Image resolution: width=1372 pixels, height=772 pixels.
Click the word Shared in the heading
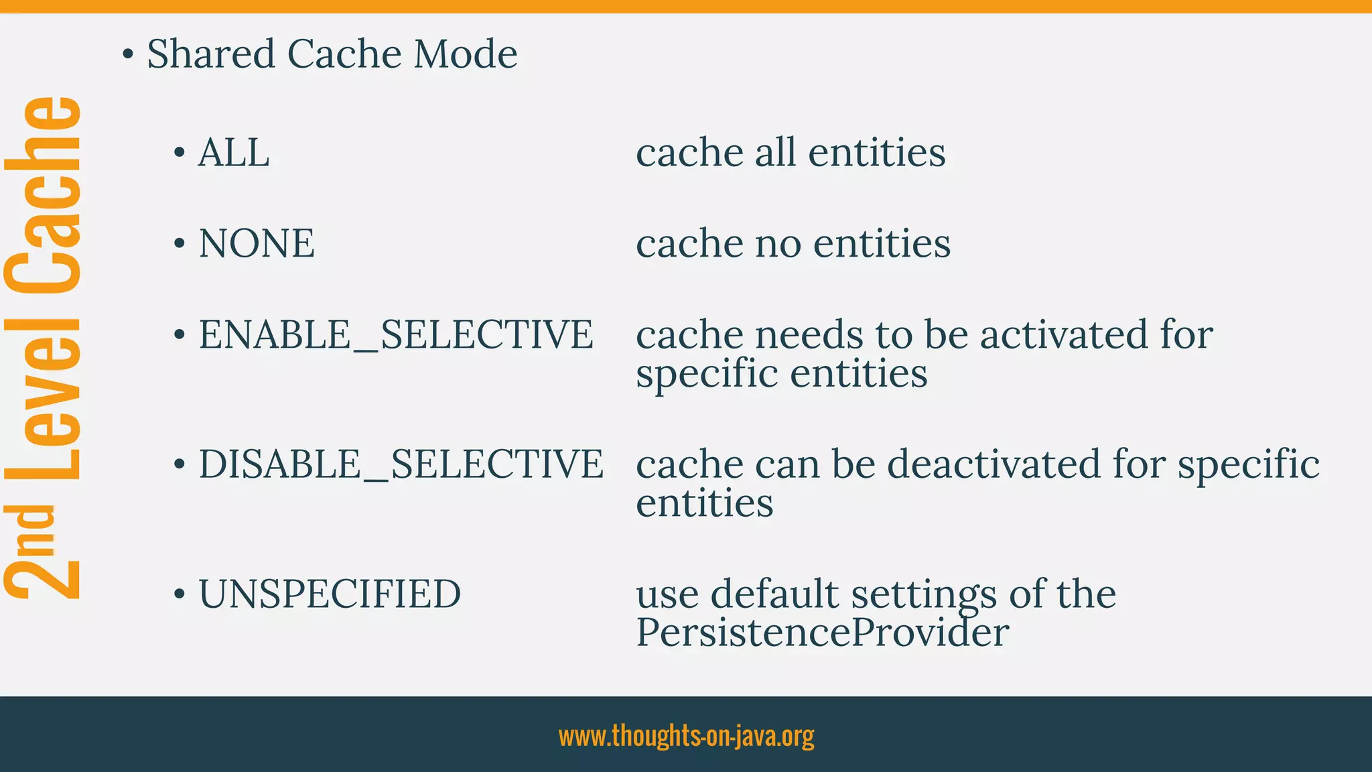211,54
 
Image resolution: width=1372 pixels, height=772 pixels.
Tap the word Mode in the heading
465,54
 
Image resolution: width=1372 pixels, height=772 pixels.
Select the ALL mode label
234,153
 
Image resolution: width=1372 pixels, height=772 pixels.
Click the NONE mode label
257,243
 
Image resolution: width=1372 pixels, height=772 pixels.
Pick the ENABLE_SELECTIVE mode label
396,334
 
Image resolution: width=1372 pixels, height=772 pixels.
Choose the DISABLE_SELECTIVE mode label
401,464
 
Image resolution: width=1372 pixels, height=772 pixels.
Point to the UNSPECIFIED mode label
330,594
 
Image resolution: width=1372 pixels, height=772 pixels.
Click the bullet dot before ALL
179,153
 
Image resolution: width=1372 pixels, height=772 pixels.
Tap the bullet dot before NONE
179,244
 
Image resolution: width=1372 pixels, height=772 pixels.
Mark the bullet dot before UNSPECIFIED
179,594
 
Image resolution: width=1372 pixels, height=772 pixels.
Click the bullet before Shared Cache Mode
127,54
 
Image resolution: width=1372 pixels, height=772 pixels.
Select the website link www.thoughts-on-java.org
686,735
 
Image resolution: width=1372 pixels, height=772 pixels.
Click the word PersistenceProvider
822,632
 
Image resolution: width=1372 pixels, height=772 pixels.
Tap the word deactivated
993,464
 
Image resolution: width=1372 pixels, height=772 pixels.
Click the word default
774,594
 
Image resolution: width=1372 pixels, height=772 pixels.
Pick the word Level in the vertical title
44,398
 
